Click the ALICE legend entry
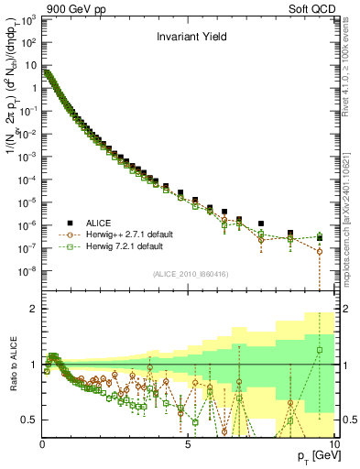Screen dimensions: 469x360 coord(102,223)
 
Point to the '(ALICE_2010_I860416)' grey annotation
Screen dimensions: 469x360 coord(189,274)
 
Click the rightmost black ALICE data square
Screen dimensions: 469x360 coord(320,237)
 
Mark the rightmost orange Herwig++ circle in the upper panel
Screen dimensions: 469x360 coord(320,251)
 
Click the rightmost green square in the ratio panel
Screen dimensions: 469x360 coord(320,349)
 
